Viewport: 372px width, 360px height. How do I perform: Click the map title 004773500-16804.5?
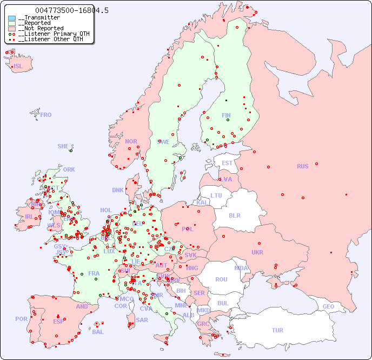71,10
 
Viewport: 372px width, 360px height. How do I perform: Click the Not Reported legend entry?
41,28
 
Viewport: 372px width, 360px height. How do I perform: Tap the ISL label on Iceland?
18,67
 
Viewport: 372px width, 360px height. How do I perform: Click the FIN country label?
226,115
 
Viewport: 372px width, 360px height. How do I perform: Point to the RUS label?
302,166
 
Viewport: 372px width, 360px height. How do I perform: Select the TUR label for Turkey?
277,330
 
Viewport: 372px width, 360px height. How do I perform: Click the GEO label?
328,306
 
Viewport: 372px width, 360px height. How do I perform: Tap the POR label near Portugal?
21,319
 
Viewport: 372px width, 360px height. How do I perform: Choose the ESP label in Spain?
58,321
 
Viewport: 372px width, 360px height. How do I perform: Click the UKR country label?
257,252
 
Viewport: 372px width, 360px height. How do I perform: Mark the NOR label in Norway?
131,141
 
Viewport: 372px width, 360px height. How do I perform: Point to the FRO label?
46,115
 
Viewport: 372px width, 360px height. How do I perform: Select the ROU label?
221,279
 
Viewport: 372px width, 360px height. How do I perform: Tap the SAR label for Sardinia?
142,320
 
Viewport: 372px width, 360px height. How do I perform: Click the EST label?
227,163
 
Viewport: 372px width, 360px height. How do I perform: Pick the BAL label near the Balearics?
98,332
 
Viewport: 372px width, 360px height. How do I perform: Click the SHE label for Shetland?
63,146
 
